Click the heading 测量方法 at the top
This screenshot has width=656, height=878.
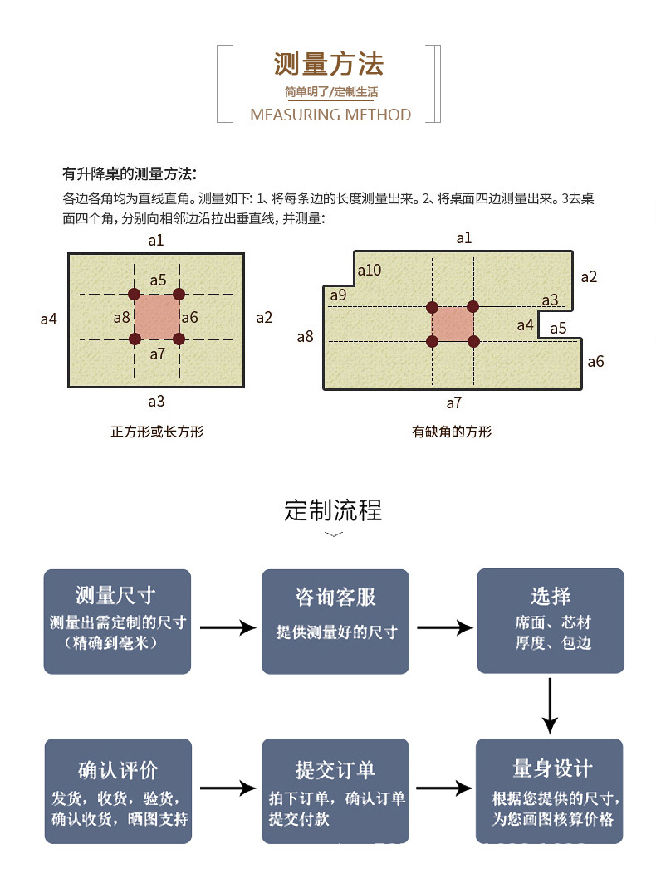[329, 64]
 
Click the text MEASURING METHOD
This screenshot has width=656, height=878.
[330, 115]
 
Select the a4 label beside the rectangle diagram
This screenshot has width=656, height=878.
[49, 318]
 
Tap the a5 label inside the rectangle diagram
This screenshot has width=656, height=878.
[158, 280]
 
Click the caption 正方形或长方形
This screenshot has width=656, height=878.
[157, 432]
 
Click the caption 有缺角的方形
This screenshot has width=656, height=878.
[452, 432]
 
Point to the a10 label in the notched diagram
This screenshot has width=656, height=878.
[369, 270]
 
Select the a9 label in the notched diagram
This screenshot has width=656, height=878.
[338, 295]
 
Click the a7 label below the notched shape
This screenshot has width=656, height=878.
[453, 403]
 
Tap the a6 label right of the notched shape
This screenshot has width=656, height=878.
[595, 361]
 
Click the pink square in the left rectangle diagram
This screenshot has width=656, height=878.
[157, 316]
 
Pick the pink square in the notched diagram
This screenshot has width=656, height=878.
[453, 324]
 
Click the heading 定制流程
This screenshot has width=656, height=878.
[333, 510]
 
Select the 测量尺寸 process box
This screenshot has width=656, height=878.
[117, 620]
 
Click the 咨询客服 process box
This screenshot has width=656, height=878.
[335, 620]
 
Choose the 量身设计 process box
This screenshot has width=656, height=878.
[550, 791]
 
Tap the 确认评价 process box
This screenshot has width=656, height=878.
[117, 791]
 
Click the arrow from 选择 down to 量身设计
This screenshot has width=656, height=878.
[550, 705]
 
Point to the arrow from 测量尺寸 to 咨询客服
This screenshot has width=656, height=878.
[227, 627]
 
